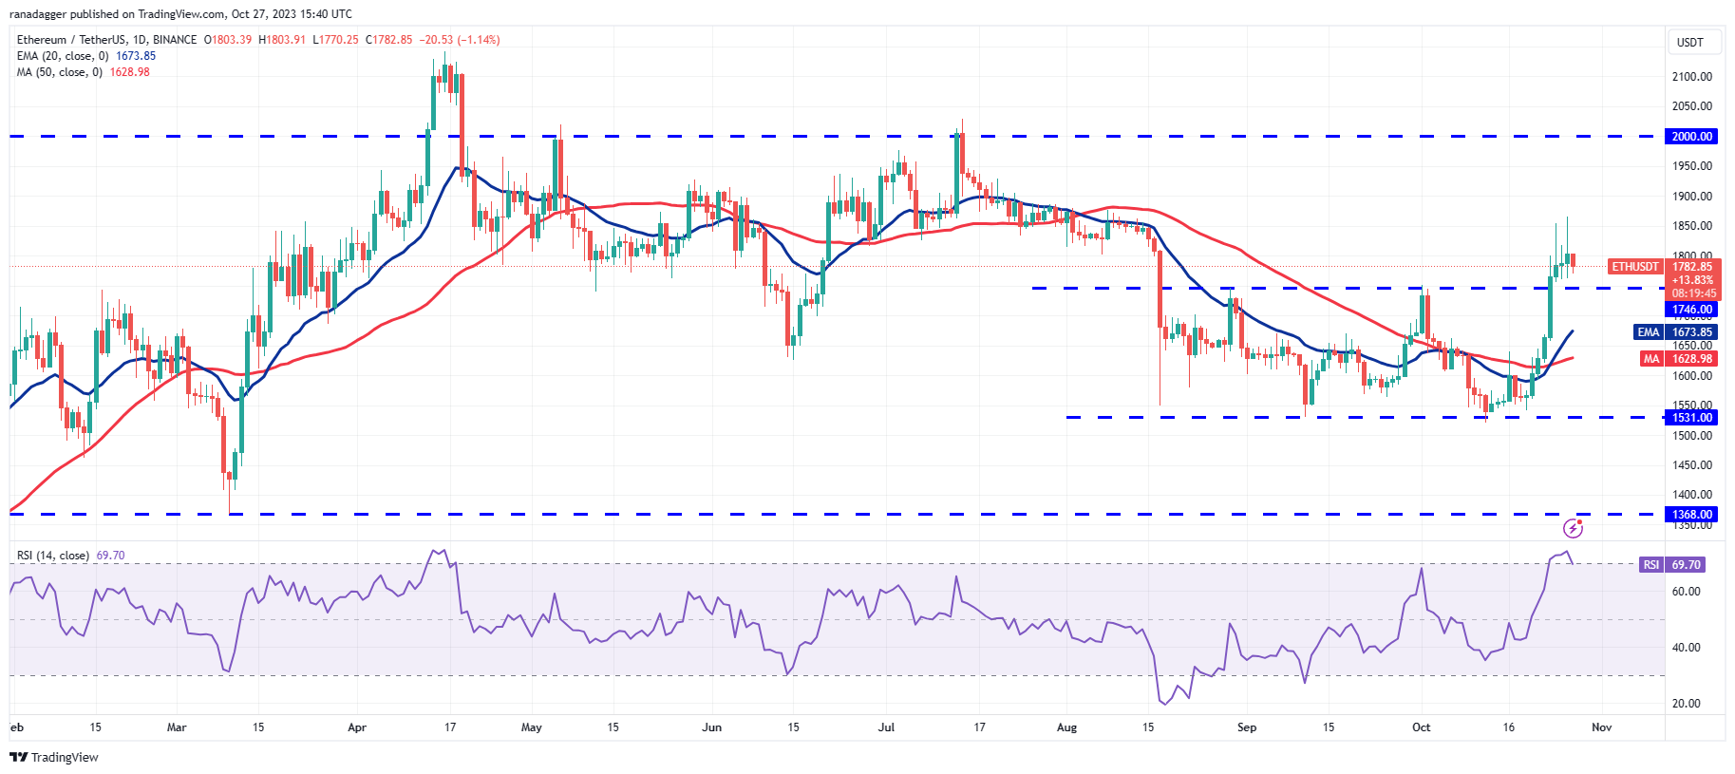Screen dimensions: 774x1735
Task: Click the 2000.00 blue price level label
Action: pos(1691,137)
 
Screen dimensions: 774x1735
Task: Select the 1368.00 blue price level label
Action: pos(1691,515)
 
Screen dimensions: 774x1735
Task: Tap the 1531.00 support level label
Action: pos(1691,418)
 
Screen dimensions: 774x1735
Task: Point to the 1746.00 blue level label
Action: pos(1691,310)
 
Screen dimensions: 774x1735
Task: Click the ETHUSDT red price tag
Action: pos(1635,267)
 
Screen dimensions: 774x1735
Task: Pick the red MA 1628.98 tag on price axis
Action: pos(1678,359)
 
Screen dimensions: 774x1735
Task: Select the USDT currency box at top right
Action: pos(1689,43)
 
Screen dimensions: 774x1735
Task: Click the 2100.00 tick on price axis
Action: pos(1691,77)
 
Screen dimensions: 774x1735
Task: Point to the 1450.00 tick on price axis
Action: pos(1691,465)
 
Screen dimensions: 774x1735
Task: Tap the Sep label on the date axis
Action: pos(1246,727)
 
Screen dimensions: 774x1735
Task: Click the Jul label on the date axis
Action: pos(886,727)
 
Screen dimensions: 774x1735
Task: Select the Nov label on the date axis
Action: pos(1601,727)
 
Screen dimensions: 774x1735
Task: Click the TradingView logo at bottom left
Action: pos(54,757)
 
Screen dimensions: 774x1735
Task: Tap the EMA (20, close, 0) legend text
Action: pos(63,56)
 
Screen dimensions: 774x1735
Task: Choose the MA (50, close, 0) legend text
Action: pos(59,72)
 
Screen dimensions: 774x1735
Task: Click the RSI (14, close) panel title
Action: pos(53,556)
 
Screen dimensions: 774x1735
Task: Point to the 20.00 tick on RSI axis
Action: pos(1686,704)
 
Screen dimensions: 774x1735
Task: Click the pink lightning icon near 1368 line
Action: pos(1573,528)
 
